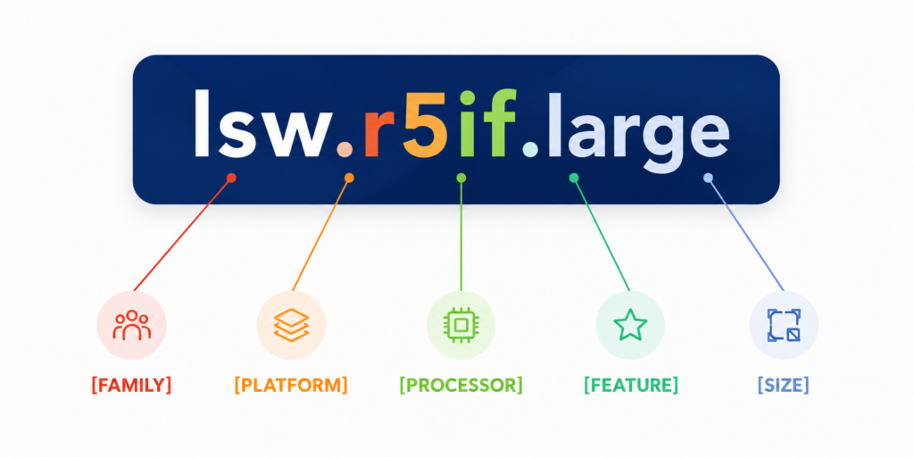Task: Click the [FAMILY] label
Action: [131, 386]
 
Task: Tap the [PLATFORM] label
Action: [291, 386]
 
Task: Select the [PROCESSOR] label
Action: [461, 386]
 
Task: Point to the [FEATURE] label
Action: [631, 386]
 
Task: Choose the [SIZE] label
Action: [784, 386]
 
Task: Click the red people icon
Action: [132, 325]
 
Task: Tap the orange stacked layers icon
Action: [292, 325]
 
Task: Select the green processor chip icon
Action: [461, 325]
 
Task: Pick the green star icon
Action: [630, 325]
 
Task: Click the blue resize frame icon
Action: [784, 325]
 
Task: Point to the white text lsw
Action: [260, 123]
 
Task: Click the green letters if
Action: [486, 123]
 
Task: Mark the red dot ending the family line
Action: [231, 178]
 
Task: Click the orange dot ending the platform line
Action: [349, 178]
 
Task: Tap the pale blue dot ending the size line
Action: [708, 178]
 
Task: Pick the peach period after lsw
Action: [345, 150]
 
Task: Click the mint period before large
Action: [530, 150]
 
